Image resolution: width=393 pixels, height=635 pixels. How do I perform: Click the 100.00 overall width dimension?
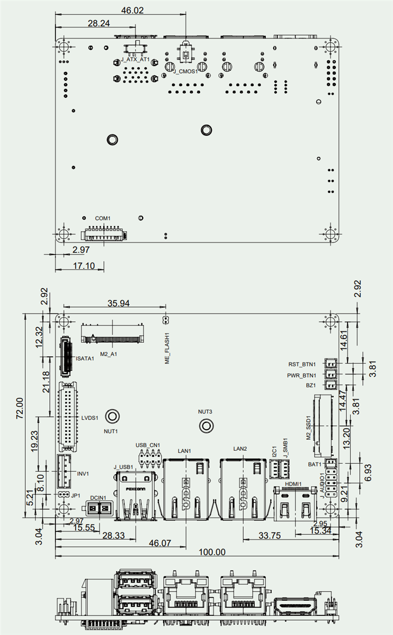212,551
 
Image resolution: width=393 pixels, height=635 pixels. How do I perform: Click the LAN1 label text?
184,451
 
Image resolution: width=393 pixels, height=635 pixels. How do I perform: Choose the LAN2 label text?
240,449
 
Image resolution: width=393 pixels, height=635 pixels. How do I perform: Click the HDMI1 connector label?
293,484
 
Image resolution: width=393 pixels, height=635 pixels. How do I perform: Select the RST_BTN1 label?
302,364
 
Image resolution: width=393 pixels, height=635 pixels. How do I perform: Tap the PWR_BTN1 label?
301,375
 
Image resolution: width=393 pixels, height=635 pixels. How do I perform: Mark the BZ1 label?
311,386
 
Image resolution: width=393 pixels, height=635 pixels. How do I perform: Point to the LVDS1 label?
91,418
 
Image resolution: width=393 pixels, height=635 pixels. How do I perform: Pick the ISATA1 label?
85,358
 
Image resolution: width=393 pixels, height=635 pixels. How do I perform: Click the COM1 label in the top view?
103,219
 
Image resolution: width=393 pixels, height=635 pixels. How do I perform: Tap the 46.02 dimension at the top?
132,11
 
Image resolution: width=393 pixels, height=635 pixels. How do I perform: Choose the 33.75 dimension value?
270,535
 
